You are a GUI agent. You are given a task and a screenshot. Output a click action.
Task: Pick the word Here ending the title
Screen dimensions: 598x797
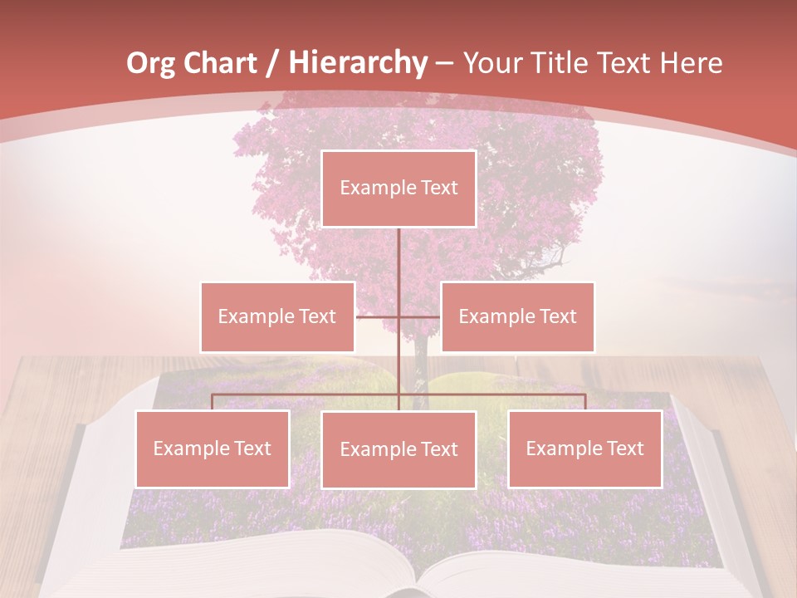point(691,63)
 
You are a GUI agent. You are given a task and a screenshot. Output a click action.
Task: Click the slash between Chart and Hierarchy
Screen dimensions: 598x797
point(271,63)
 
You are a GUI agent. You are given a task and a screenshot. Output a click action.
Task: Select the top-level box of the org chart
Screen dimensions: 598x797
point(398,189)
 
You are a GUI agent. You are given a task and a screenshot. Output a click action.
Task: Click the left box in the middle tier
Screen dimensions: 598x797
point(277,316)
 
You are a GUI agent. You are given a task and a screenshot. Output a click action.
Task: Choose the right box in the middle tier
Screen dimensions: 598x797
point(517,316)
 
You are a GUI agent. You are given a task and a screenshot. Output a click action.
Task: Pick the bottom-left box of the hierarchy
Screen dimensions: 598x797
point(213,448)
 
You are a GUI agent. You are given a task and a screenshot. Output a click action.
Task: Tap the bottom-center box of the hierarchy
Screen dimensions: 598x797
point(398,449)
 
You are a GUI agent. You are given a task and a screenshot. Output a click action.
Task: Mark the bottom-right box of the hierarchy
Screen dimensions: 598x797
point(584,448)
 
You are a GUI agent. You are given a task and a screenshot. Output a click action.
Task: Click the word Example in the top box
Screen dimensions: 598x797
point(371,189)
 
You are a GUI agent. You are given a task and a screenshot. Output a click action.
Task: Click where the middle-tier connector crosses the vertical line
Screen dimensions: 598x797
point(398,316)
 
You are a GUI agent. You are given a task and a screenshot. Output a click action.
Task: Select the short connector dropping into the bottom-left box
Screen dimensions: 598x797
point(213,402)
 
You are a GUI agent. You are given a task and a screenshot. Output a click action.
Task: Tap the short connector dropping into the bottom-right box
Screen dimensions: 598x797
point(584,402)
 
